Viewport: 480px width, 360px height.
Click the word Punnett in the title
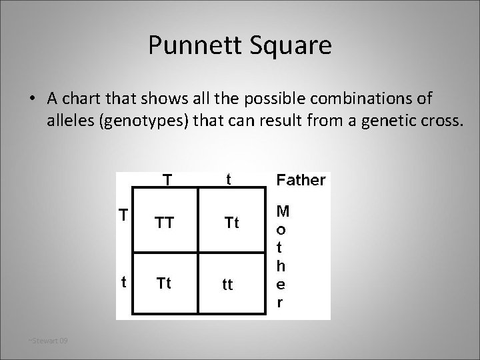(187, 45)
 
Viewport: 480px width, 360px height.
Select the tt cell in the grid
(228, 285)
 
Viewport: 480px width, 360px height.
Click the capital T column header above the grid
(168, 180)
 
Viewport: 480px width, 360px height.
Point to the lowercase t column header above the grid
(229, 179)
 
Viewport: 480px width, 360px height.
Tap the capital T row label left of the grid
(123, 215)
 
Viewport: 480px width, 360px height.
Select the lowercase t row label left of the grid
(124, 281)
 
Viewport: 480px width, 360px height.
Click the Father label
(301, 180)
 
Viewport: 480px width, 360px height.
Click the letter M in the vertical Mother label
(283, 212)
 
